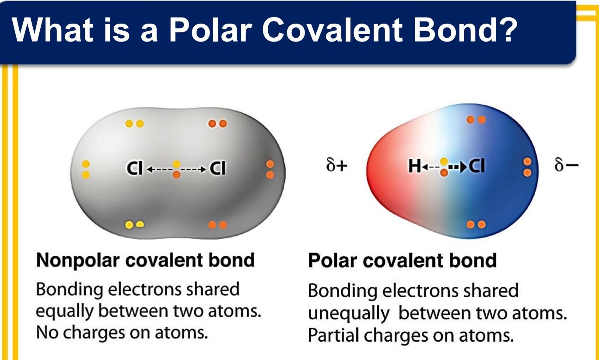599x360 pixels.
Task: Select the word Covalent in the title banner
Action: [x=333, y=29]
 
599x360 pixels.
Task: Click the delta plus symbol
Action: [x=336, y=164]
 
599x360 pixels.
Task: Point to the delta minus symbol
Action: [x=566, y=164]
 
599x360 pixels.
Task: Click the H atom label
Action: [x=415, y=166]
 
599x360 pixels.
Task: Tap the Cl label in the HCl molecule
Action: [x=477, y=166]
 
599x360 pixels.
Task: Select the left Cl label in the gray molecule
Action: [x=134, y=168]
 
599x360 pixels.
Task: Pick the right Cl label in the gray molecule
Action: [x=217, y=168]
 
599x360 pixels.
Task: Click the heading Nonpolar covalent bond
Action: [x=145, y=260]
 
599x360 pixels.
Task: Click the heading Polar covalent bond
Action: [x=402, y=260]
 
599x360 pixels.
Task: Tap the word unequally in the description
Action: [x=349, y=314]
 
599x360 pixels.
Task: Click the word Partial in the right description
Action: [x=333, y=335]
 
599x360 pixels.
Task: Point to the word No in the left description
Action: [x=47, y=333]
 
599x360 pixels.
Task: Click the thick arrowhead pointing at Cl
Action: [x=463, y=167]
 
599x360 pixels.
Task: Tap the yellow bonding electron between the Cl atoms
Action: [x=176, y=164]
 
